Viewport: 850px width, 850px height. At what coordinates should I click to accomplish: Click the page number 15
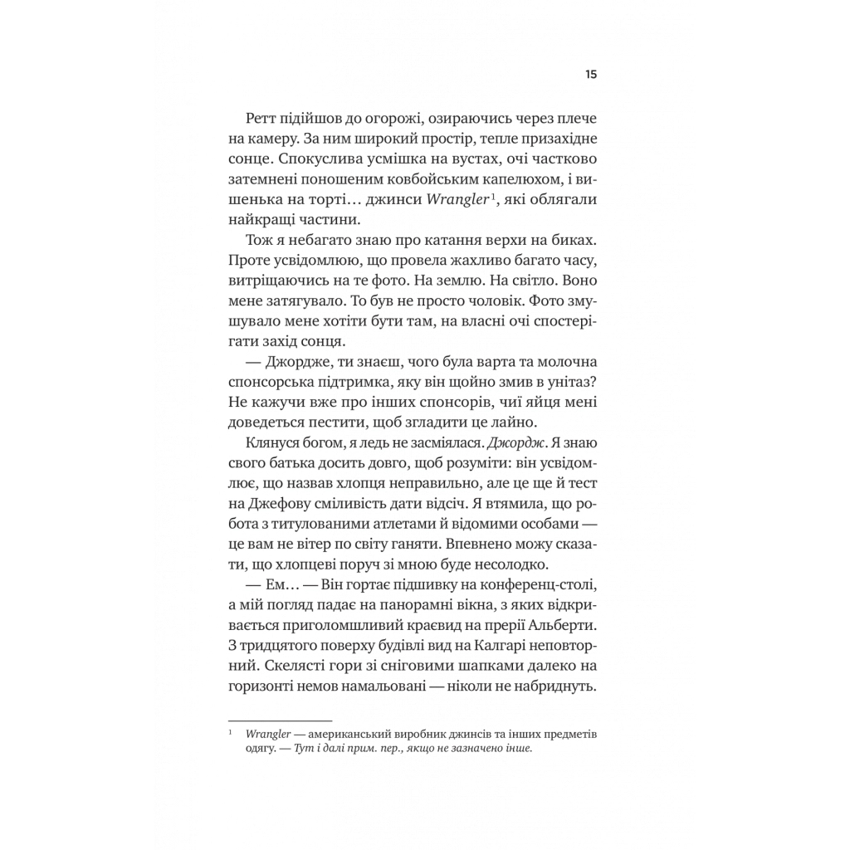591,75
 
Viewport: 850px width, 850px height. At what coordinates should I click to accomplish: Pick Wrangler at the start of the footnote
262,735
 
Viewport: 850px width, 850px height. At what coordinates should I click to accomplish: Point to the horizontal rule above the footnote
279,721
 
